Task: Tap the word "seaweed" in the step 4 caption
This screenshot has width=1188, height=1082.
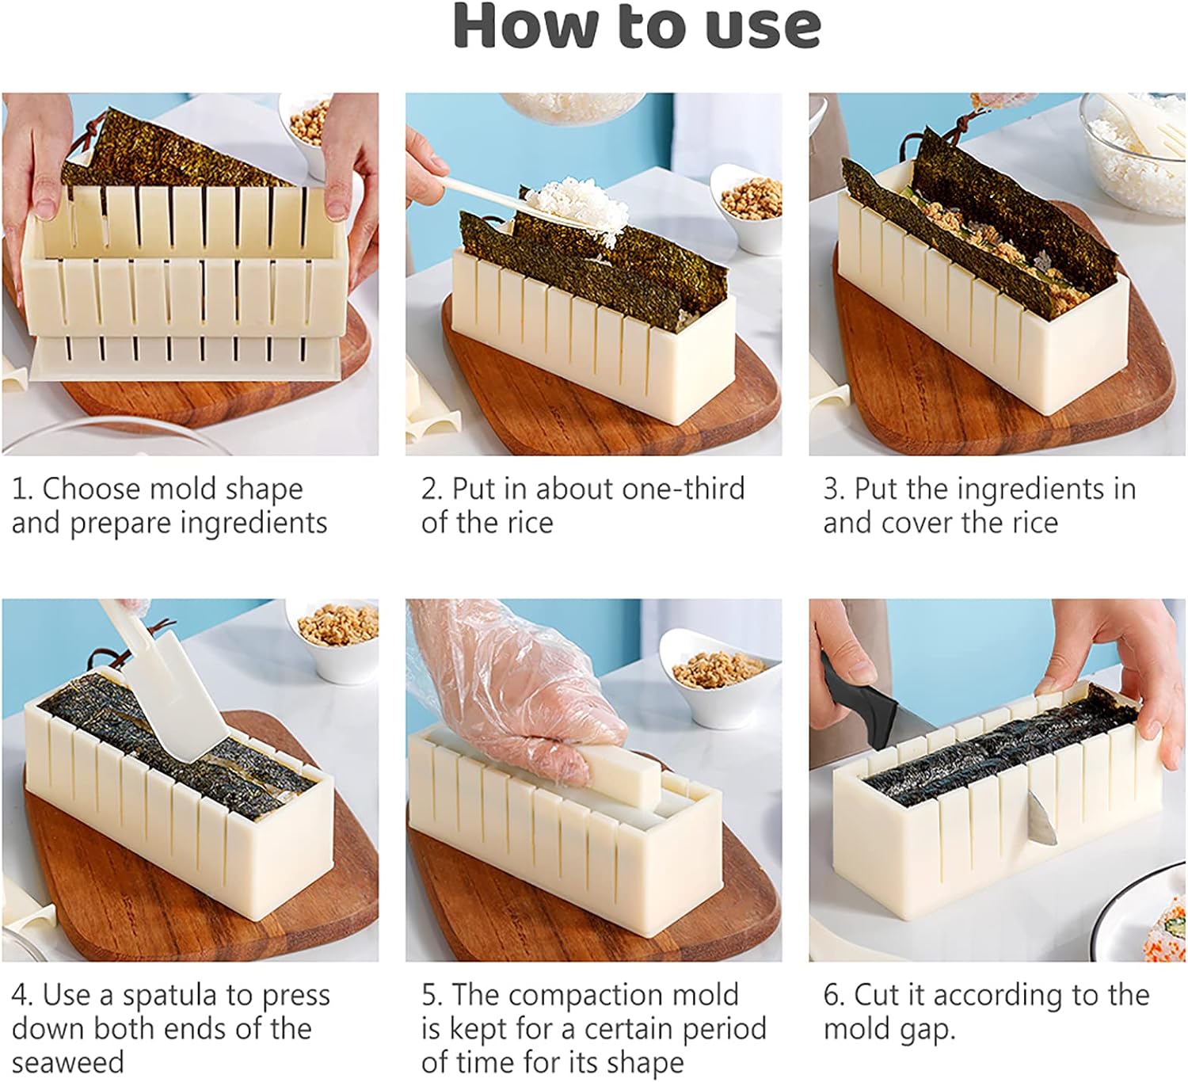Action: click(x=67, y=1062)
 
